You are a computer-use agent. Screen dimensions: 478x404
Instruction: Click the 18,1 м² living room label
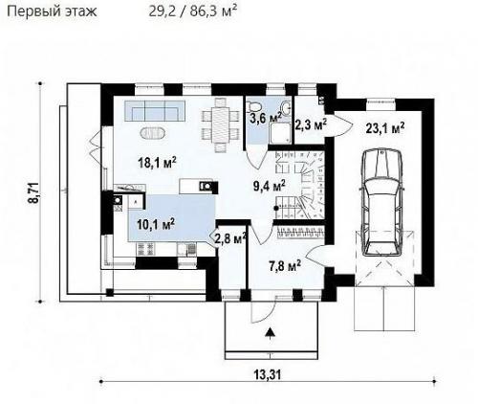[157, 163]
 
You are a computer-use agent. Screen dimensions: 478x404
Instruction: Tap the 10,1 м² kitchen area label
[156, 224]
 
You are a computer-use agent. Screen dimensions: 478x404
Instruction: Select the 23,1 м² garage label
[385, 128]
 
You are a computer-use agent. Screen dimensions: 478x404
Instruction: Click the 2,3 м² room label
[312, 124]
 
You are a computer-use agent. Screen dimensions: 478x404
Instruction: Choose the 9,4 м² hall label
[270, 186]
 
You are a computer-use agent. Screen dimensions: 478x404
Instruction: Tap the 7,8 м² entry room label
[285, 265]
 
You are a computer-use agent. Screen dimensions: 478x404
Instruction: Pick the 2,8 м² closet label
[230, 237]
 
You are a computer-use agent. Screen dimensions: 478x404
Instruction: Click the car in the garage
[382, 202]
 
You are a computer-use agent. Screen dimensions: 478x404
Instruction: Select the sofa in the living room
[155, 110]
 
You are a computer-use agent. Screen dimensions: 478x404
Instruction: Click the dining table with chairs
[220, 124]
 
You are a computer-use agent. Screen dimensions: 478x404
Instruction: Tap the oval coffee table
[153, 133]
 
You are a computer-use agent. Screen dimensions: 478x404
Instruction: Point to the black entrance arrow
[271, 332]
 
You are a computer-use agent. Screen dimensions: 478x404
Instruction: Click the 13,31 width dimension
[268, 374]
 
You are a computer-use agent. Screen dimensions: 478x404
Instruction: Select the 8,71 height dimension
[33, 192]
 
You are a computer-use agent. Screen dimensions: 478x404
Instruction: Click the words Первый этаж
[52, 11]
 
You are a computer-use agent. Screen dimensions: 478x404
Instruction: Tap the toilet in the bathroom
[254, 104]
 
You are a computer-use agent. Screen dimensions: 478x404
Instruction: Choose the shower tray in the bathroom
[280, 133]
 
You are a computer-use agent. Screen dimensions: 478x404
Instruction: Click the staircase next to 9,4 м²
[299, 185]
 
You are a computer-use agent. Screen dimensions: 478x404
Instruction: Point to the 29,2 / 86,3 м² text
[193, 11]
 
